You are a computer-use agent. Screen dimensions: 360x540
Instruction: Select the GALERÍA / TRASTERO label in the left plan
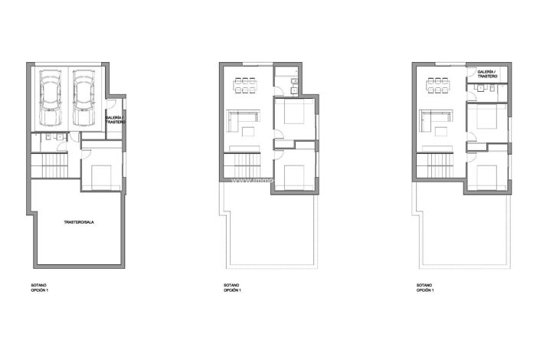(115, 119)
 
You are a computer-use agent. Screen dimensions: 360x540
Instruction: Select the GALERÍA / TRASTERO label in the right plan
(487, 74)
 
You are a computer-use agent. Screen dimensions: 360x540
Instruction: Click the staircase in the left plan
(49, 165)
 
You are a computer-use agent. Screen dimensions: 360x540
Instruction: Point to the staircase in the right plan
(435, 165)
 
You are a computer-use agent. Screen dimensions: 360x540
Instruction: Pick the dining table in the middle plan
(245, 85)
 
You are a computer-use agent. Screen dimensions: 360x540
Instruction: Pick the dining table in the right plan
(438, 85)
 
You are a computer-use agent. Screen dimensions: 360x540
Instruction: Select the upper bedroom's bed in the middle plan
(293, 116)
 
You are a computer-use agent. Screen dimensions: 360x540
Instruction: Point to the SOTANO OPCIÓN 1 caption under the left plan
(39, 288)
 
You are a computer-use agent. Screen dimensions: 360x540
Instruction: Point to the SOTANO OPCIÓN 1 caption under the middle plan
(232, 288)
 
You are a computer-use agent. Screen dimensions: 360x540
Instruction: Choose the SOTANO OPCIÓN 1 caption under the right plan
(425, 288)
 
